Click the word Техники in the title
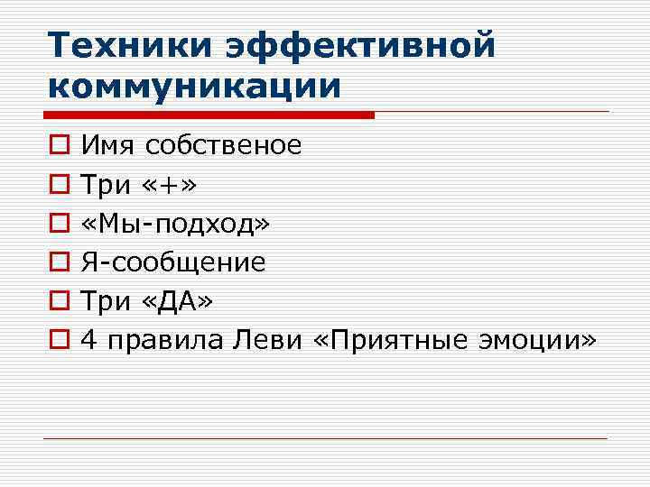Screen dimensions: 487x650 pos(126,45)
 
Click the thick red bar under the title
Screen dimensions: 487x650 pos(209,115)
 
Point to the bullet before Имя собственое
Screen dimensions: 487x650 pos(59,145)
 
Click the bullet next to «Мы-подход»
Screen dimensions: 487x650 pos(59,224)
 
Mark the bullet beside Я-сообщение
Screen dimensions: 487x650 pos(59,262)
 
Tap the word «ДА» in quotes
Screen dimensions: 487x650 pos(178,301)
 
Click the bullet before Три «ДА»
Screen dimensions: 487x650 pos(59,301)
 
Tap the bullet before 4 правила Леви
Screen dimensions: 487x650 pos(59,340)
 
